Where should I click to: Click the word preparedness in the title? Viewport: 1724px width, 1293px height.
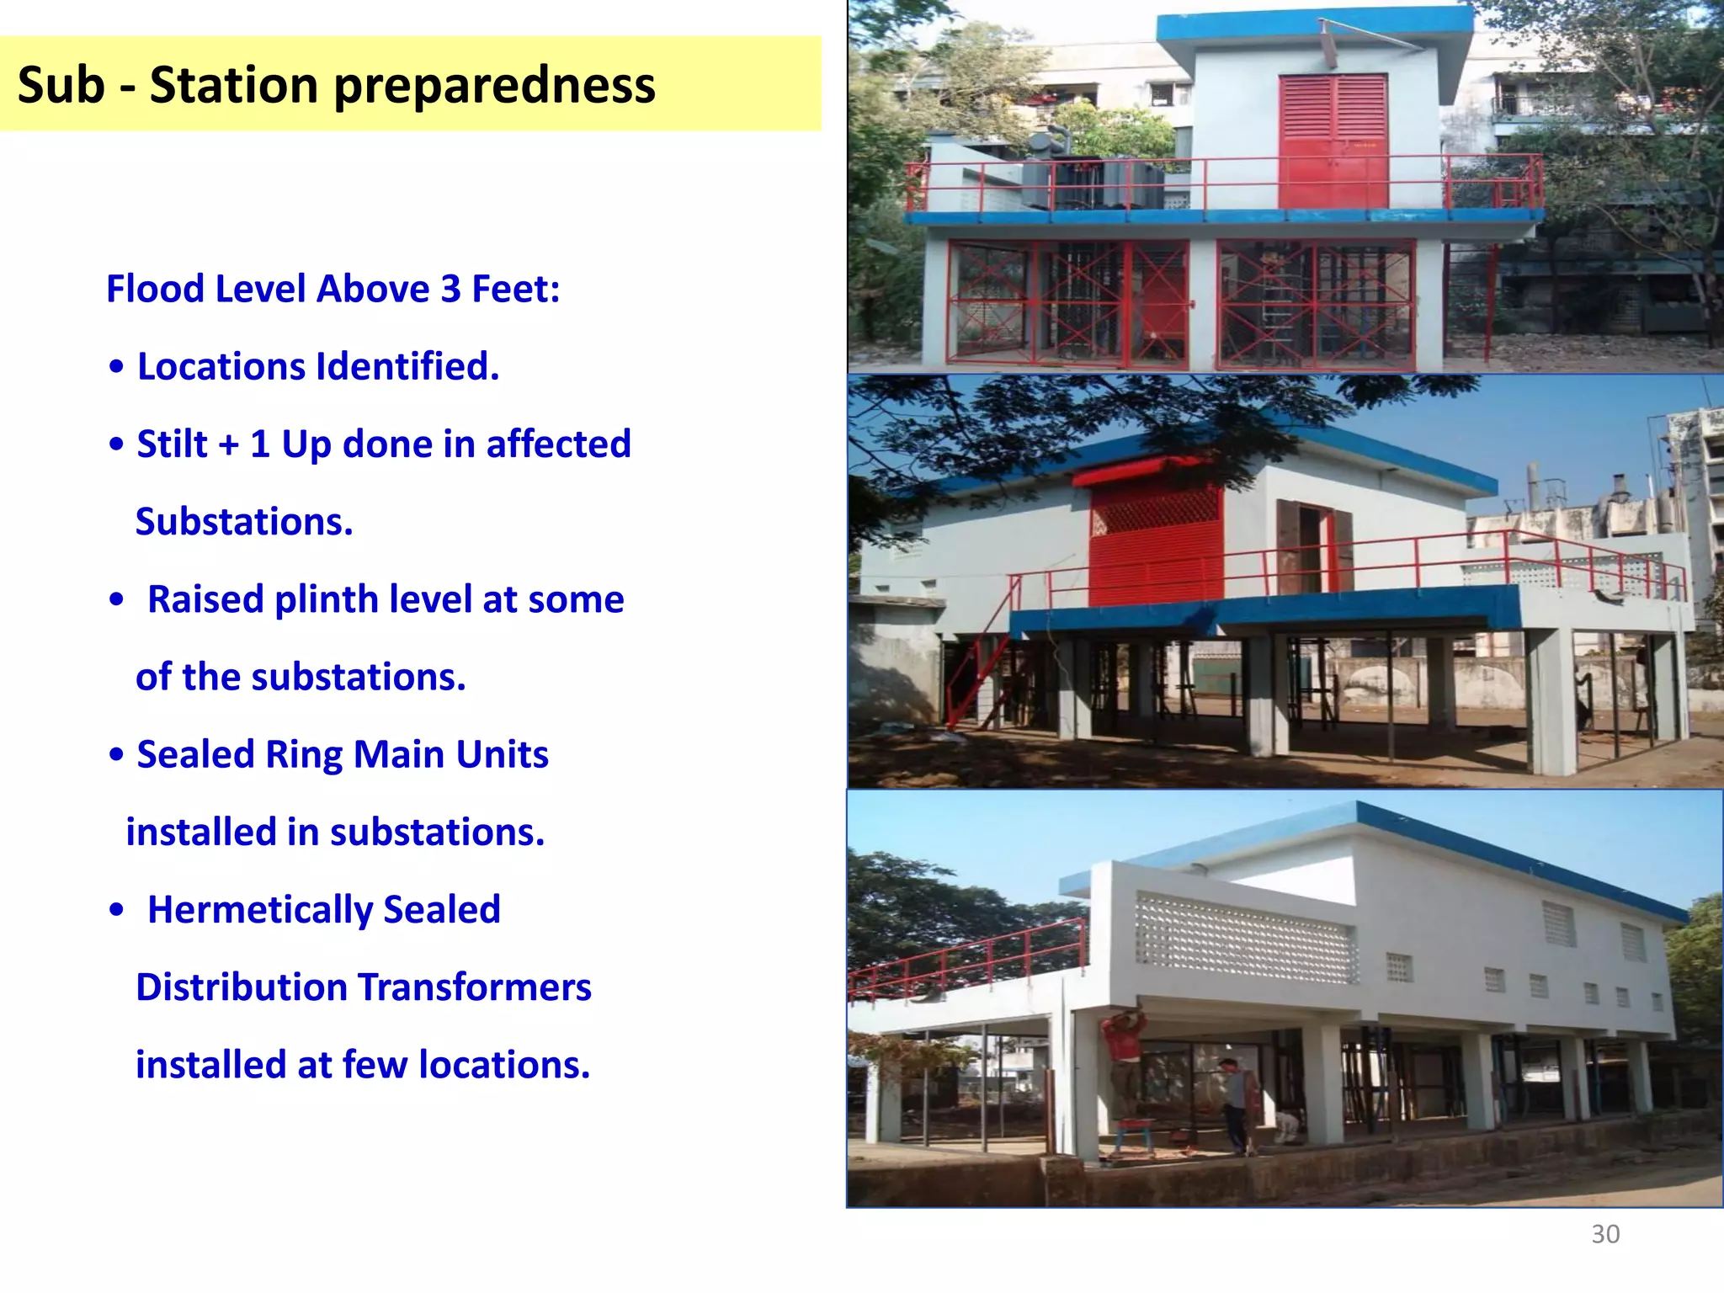pos(494,86)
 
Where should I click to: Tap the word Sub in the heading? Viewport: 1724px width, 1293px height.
pos(61,86)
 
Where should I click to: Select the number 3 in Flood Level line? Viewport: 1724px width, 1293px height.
pos(450,289)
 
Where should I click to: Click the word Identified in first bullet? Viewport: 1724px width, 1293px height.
pos(407,366)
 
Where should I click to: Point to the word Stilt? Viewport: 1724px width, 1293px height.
pos(172,444)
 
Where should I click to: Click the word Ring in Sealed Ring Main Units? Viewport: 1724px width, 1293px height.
pos(303,754)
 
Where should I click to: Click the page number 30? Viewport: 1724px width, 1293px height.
pos(1604,1234)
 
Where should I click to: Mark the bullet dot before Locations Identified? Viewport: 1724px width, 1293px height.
pos(117,367)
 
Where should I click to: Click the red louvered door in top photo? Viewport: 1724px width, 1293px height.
pos(1333,141)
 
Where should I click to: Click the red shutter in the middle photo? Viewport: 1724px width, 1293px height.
pos(1155,539)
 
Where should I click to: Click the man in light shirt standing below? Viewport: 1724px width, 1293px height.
pos(1234,1103)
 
